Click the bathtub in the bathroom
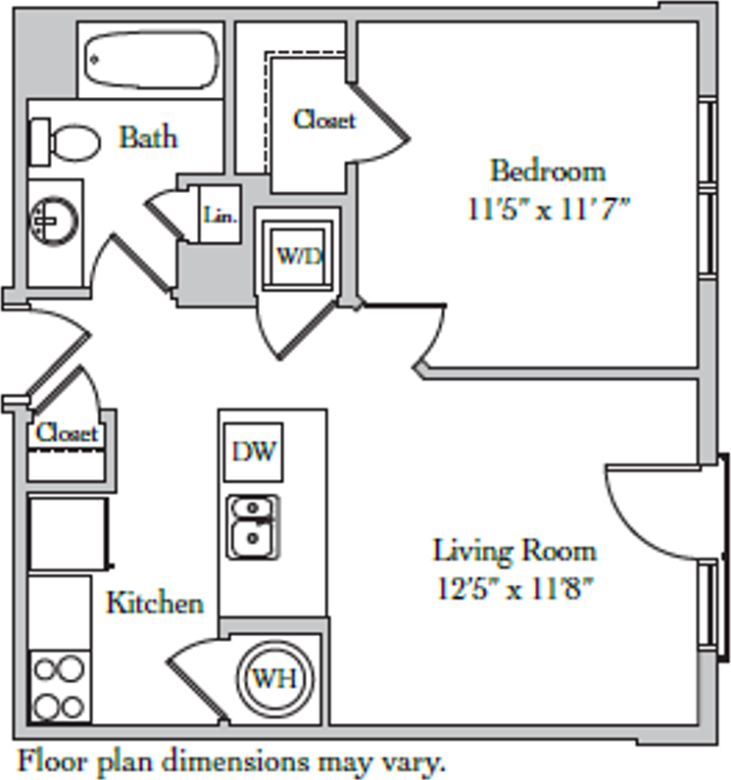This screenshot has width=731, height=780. [152, 60]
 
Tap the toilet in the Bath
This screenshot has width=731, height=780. [66, 142]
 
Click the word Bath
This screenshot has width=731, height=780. [148, 137]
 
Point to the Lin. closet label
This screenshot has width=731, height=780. [220, 215]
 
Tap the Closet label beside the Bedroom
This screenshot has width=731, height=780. [324, 120]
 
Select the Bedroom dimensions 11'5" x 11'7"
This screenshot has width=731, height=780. [549, 210]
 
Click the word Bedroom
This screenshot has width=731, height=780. [548, 171]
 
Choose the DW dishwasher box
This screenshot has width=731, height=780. [254, 452]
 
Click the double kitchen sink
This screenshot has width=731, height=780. [253, 526]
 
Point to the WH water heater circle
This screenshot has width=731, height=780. [275, 677]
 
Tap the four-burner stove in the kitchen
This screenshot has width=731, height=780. [59, 687]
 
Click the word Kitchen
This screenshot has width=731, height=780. [155, 603]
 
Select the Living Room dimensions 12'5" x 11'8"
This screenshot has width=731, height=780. [514, 589]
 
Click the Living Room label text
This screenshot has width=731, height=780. [514, 551]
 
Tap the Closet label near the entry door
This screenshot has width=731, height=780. [68, 433]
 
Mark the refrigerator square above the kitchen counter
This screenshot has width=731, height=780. [69, 533]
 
